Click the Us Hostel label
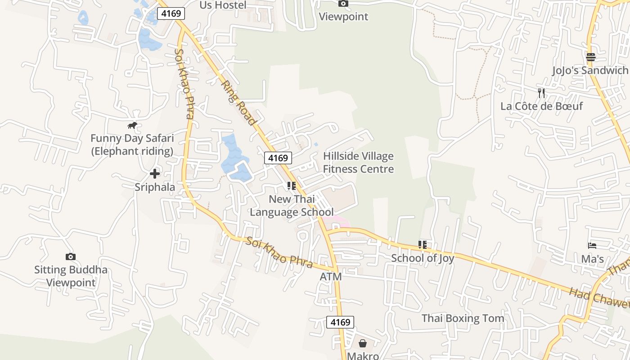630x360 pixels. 223,5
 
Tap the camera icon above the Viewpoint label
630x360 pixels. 343,4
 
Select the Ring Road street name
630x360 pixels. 238,103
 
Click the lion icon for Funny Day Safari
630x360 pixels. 132,126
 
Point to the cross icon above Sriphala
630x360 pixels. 155,174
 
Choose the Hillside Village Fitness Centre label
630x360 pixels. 358,162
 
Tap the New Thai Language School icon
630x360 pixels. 291,185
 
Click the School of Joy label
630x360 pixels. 422,258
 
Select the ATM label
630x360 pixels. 330,277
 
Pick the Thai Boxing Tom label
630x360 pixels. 463,318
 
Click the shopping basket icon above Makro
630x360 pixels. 363,343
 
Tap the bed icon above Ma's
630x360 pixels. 592,246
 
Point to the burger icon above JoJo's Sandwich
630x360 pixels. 590,57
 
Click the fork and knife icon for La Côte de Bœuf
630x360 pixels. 541,93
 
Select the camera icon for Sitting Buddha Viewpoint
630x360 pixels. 71,256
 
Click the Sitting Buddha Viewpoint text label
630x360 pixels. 71,276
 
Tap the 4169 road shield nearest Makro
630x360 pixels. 340,322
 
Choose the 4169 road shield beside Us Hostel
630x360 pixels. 171,13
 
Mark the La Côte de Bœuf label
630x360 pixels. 541,106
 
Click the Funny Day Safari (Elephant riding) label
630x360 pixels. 132,144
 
